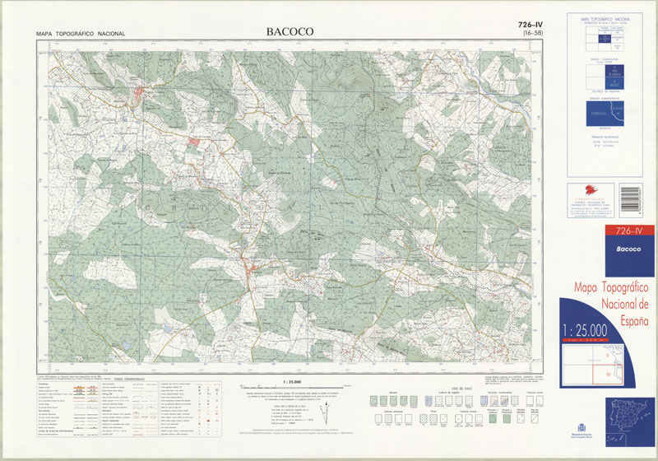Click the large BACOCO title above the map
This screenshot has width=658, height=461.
click(290, 32)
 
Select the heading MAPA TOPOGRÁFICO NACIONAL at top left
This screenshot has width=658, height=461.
click(81, 34)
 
